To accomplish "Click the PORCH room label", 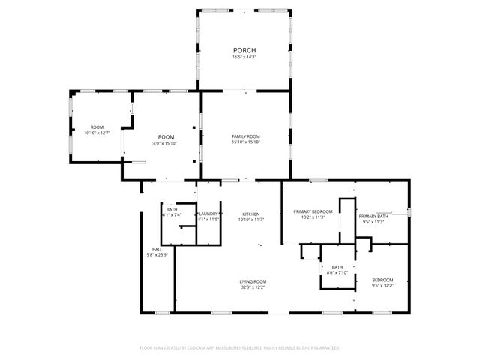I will point(244,50).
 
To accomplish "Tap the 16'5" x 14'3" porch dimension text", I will point(244,57).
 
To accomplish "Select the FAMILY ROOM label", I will point(245,136).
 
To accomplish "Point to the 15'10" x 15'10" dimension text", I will point(245,142).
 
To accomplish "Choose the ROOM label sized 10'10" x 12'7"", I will point(97,127).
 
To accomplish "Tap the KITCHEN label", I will point(250,214).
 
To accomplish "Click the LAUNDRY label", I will point(208,214).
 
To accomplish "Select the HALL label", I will point(157,249).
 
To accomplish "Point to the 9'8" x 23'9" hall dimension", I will point(157,255).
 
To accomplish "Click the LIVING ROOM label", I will point(253,281).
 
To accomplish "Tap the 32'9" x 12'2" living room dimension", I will point(253,287).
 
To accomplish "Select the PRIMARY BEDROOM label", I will point(313,212).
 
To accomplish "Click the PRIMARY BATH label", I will point(373,216).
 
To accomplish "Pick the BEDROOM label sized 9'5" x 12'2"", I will point(382,280).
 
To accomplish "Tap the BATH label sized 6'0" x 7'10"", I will point(337,266).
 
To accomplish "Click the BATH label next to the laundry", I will point(172,209).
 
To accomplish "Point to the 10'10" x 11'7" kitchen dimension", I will point(250,220).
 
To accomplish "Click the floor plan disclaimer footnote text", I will point(240,347).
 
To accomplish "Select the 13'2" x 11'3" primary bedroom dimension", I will point(313,218).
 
